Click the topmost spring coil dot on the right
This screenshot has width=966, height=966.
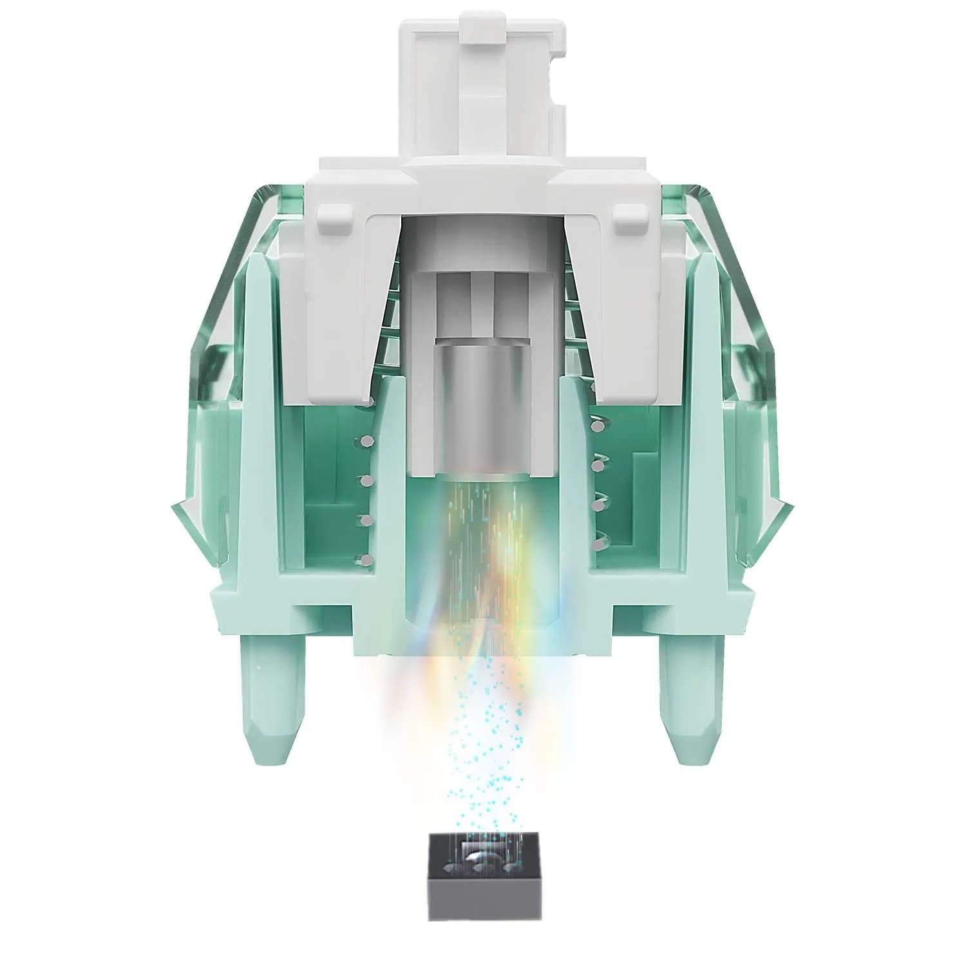pyautogui.click(x=596, y=425)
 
